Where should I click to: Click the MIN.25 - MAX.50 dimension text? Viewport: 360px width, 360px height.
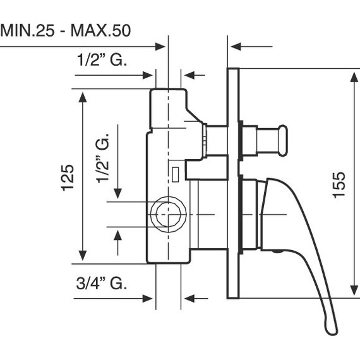pyautogui.click(x=66, y=30)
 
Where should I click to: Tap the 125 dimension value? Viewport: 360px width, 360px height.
pyautogui.click(x=68, y=177)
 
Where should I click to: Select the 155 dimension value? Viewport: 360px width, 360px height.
pyautogui.click(x=339, y=185)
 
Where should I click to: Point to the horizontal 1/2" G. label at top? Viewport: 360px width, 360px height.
pyautogui.click(x=102, y=59)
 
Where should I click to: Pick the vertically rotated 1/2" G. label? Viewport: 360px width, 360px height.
pyautogui.click(x=102, y=158)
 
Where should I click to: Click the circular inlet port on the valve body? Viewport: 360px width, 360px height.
pyautogui.click(x=168, y=215)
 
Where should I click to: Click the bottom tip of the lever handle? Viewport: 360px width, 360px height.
pyautogui.click(x=332, y=332)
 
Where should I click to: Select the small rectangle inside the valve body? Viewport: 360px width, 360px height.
pyautogui.click(x=176, y=174)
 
